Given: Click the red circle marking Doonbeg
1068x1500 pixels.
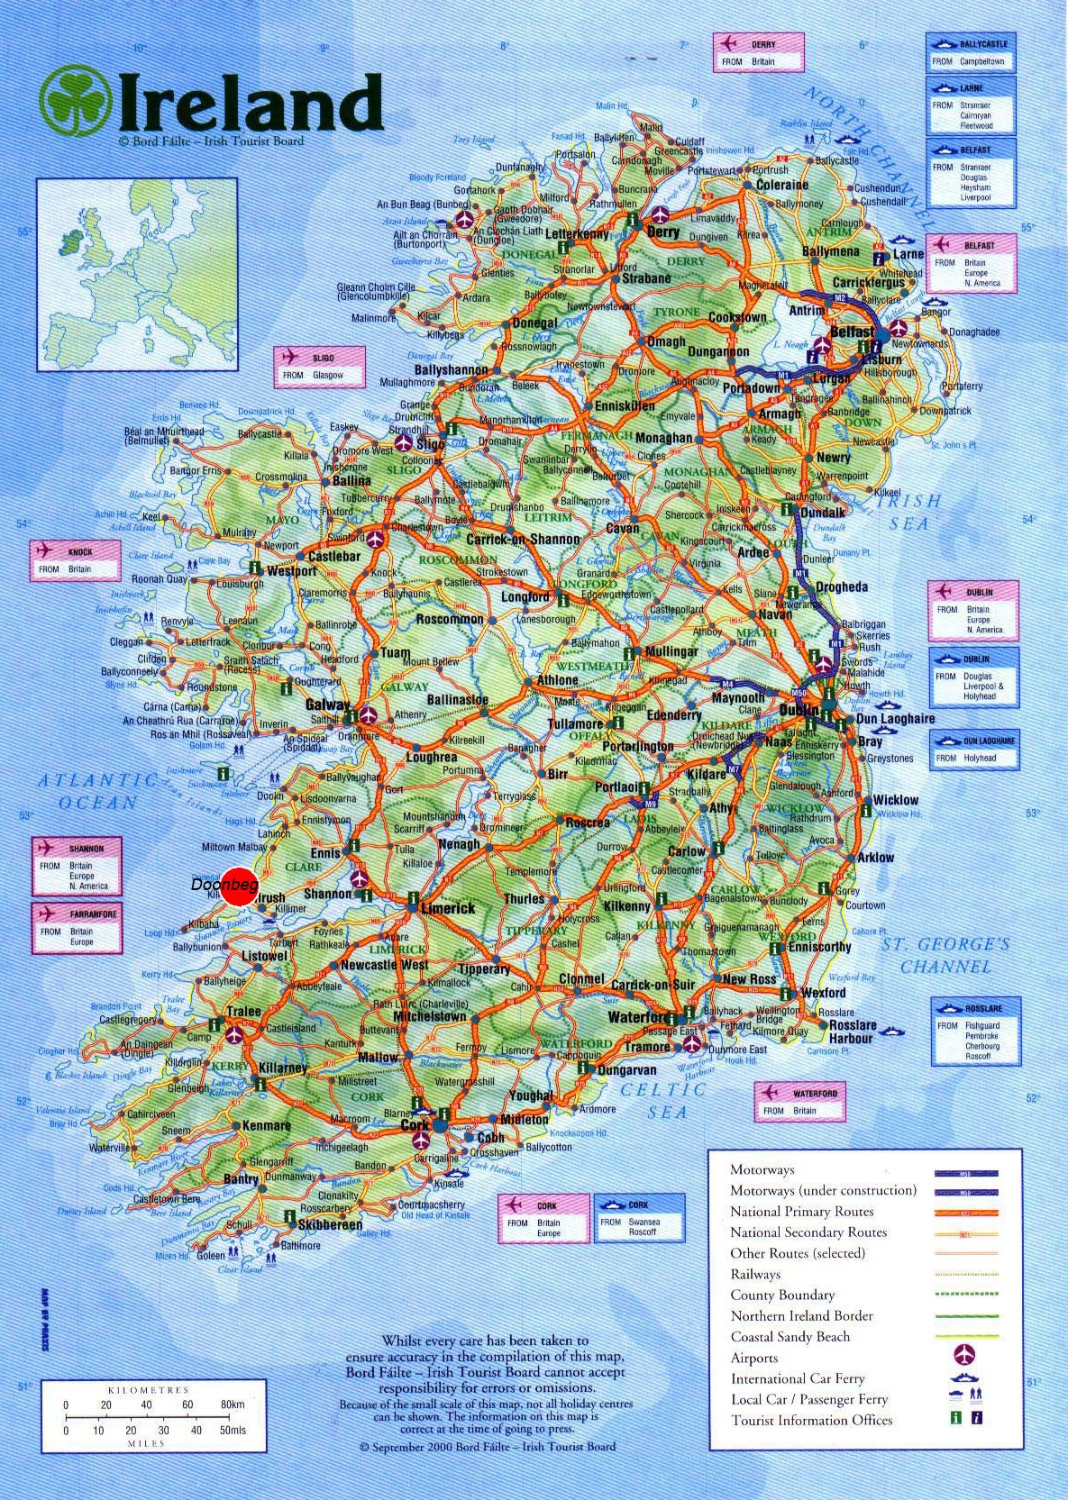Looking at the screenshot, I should coord(240,886).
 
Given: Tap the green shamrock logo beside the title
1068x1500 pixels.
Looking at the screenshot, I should coord(76,101).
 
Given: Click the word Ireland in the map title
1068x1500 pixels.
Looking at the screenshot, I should coord(250,103).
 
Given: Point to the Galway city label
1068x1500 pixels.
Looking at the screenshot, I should coord(327,705).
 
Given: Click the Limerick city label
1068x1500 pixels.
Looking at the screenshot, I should coord(448,908).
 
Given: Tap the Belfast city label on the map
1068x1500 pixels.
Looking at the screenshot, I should coord(852,332).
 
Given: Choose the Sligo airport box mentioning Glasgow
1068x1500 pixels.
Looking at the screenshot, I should coord(320,367).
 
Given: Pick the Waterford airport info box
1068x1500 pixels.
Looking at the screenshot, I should coord(799,1102).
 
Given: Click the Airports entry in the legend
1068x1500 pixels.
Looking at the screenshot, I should coord(754,1358).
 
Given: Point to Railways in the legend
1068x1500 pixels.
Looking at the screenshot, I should coord(755,1274).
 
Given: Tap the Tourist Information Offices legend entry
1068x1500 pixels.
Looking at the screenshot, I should coord(811,1420).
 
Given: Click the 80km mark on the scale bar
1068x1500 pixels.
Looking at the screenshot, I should coord(232,1405).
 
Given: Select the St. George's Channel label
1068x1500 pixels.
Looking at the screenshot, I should coord(945,955).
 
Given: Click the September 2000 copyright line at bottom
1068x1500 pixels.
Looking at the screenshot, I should coord(488,1447).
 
